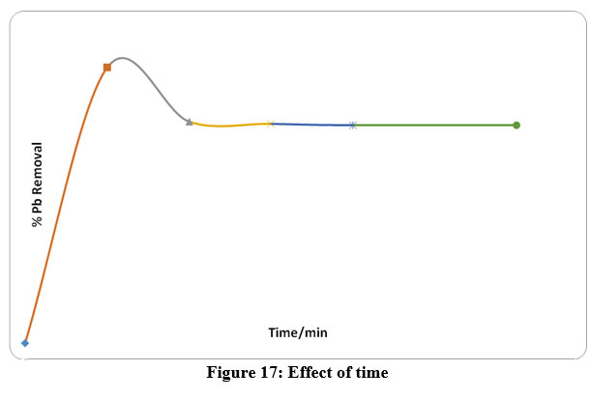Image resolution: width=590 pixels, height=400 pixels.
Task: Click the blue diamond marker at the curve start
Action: coord(25,342)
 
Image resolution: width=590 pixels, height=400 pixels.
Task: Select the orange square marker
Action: coord(107,68)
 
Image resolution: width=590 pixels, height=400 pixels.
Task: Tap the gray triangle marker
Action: coord(190,122)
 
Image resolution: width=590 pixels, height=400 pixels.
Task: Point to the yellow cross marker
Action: coord(271,123)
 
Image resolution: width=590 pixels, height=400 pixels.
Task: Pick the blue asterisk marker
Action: coord(353,125)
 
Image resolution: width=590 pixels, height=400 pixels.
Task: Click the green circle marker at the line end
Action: coord(516,125)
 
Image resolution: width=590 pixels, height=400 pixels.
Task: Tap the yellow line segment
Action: coord(230,126)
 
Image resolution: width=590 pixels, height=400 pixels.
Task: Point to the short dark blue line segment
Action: coord(311,124)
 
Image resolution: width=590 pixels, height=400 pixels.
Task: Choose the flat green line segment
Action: coord(435,125)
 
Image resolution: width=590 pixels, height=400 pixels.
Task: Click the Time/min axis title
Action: coord(298,332)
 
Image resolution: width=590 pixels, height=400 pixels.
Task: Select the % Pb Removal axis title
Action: coord(38,185)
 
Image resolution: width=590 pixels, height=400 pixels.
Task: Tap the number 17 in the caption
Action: coord(269,372)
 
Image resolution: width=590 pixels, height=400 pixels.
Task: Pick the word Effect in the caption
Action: coord(306,372)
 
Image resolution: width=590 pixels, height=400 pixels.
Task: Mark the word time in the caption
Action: coord(369,372)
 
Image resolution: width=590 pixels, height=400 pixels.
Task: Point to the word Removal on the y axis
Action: coord(38,169)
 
